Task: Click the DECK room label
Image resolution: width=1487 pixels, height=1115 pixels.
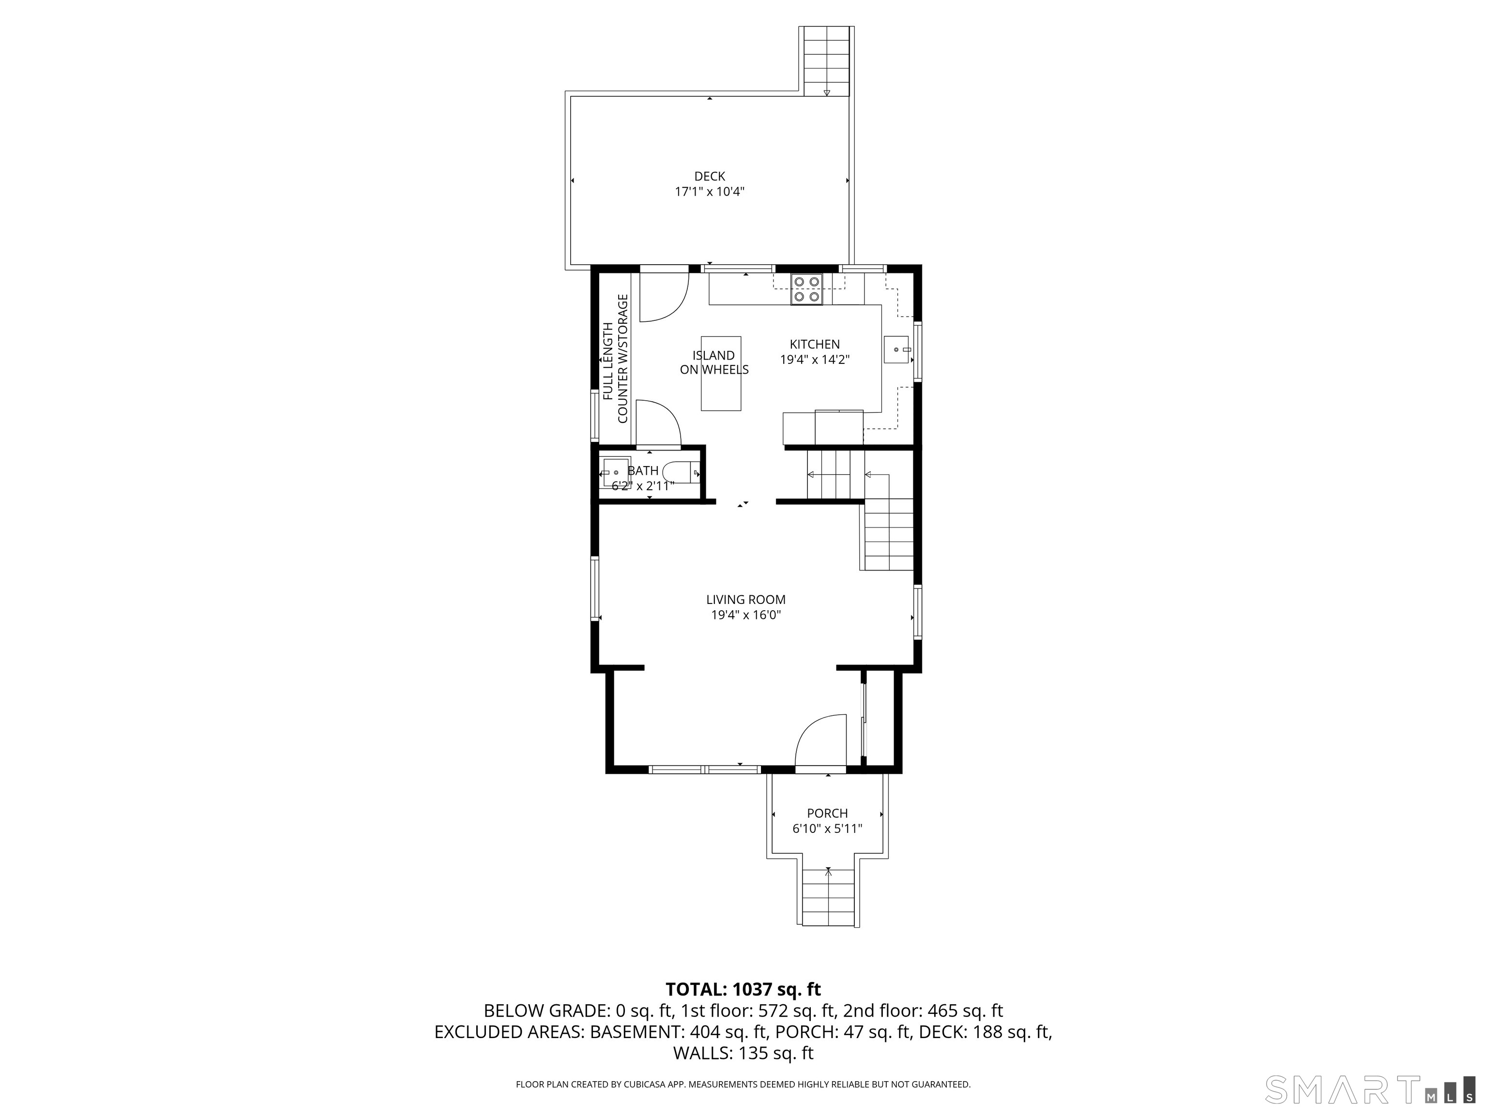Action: pyautogui.click(x=709, y=176)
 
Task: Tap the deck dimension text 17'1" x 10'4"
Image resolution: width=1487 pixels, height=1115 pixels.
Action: pyautogui.click(x=709, y=192)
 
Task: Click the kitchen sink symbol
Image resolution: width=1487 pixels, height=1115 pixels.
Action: pyautogui.click(x=895, y=349)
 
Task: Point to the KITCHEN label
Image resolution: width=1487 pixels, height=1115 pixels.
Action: pyautogui.click(x=814, y=344)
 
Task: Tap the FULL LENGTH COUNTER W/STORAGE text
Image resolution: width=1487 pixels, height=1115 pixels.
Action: pyautogui.click(x=615, y=360)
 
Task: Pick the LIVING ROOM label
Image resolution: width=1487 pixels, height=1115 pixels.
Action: pyautogui.click(x=745, y=600)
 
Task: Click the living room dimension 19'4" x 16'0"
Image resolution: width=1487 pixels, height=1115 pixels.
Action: pyautogui.click(x=745, y=615)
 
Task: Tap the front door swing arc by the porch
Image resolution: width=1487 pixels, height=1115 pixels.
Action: pyautogui.click(x=817, y=739)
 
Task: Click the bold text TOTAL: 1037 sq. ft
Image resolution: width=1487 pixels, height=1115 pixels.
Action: pyautogui.click(x=743, y=989)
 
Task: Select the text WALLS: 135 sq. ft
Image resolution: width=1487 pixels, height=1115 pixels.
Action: pyautogui.click(x=743, y=1053)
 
